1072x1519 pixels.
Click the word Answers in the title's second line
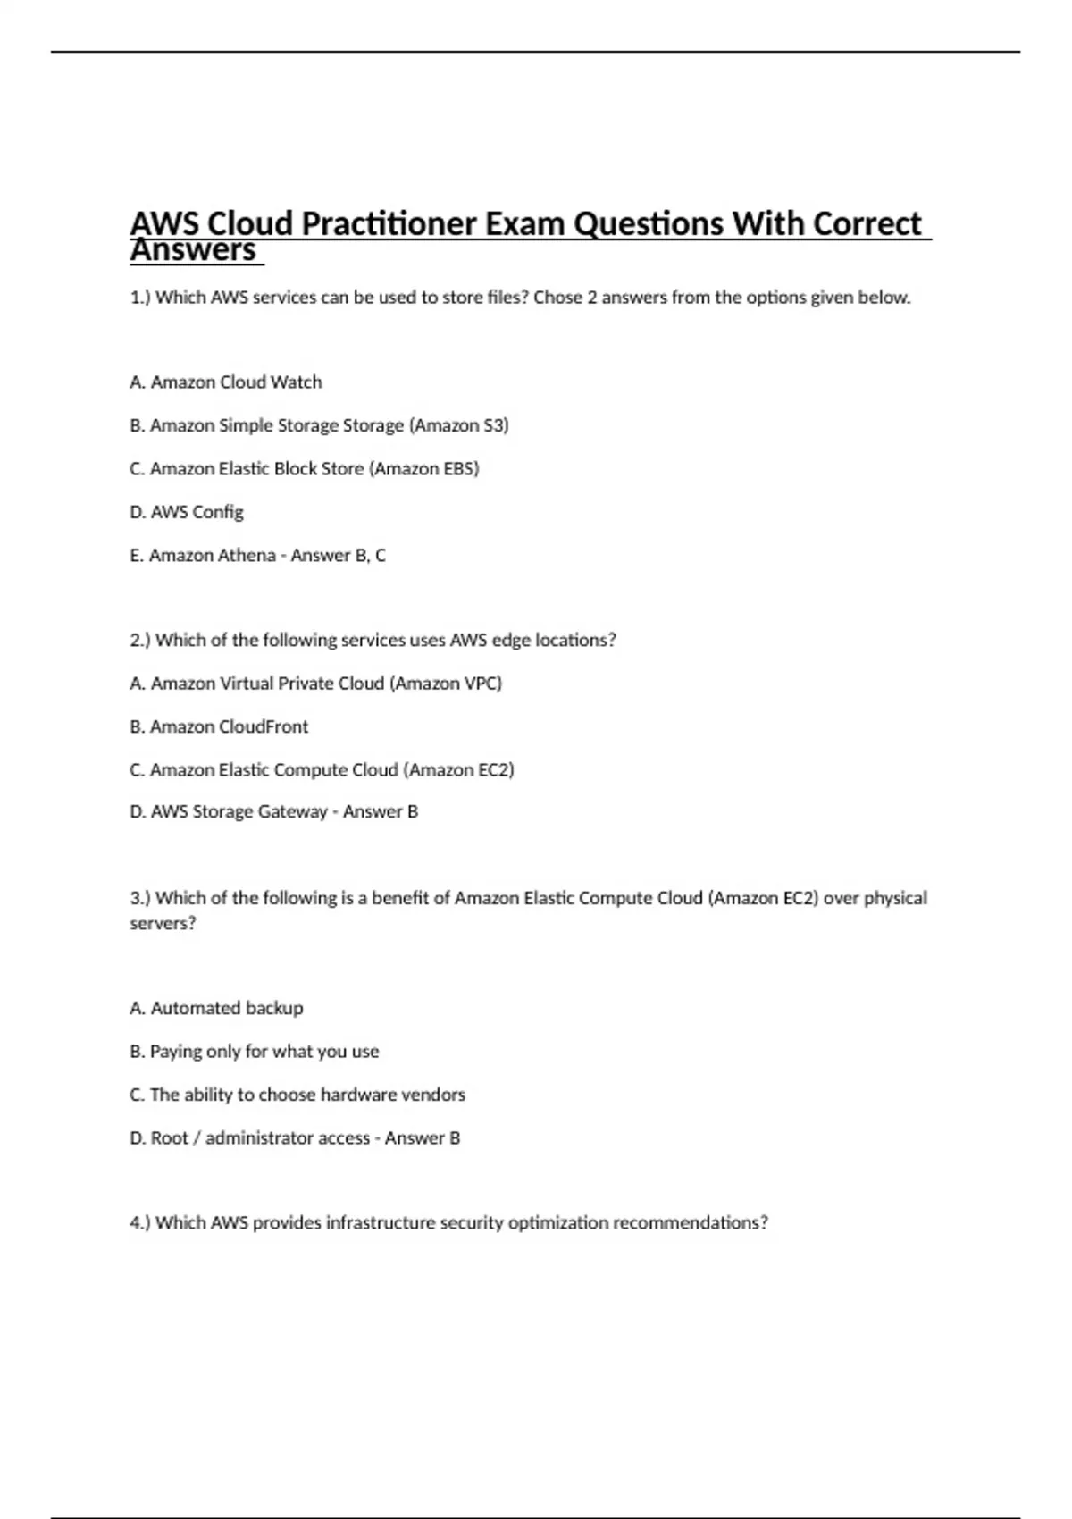coord(193,251)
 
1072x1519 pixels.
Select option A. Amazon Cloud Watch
coord(226,382)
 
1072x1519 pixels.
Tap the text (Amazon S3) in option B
coord(458,425)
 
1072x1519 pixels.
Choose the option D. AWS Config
coord(187,512)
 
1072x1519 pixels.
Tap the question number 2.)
coord(140,640)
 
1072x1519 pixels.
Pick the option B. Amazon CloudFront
coord(219,726)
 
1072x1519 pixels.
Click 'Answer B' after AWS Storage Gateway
coord(381,811)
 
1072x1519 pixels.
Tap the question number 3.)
coord(140,898)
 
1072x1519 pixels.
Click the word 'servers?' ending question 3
coord(163,923)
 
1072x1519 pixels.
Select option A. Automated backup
coord(216,1008)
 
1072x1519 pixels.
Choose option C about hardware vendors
coord(297,1095)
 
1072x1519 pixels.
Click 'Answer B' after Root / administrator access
coord(423,1137)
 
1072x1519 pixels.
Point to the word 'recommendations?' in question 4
coord(690,1222)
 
